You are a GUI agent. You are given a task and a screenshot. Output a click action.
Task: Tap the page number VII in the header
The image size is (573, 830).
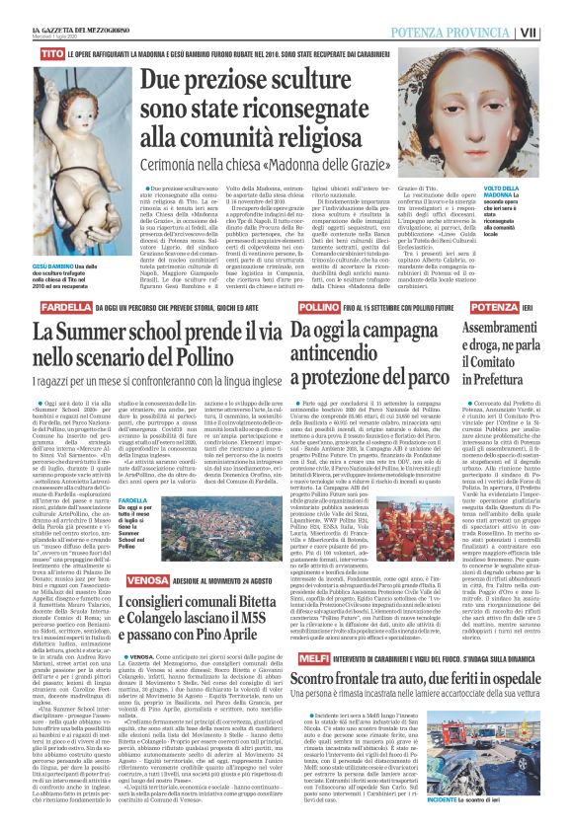[x=556, y=8]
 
